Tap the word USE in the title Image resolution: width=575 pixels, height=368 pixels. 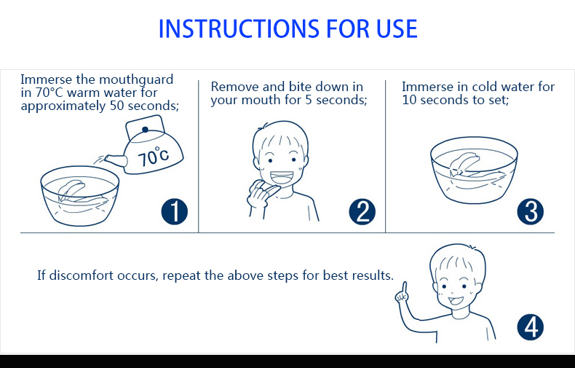pyautogui.click(x=397, y=28)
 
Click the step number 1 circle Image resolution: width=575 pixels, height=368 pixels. pyautogui.click(x=175, y=211)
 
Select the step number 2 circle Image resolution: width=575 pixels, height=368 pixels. pyautogui.click(x=362, y=211)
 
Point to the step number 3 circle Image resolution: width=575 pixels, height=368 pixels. pyautogui.click(x=531, y=211)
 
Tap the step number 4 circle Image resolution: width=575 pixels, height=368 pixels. pyautogui.click(x=531, y=327)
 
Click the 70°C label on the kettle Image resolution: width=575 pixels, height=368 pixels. pyautogui.click(x=154, y=157)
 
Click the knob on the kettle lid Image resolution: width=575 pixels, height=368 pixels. pyautogui.click(x=146, y=130)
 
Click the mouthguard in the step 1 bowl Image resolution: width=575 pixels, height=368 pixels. pyautogui.click(x=78, y=193)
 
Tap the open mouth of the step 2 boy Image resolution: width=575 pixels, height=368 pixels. pyautogui.click(x=281, y=178)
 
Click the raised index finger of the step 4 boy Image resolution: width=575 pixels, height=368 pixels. pyautogui.click(x=404, y=287)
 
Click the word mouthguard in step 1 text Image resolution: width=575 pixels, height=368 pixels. pyautogui.click(x=136, y=79)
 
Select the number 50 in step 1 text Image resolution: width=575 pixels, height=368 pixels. pyautogui.click(x=117, y=106)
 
